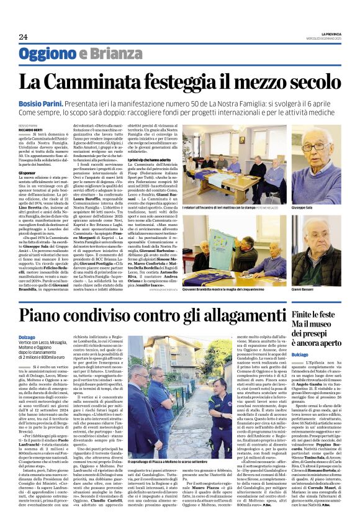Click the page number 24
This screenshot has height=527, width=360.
[23, 37]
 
